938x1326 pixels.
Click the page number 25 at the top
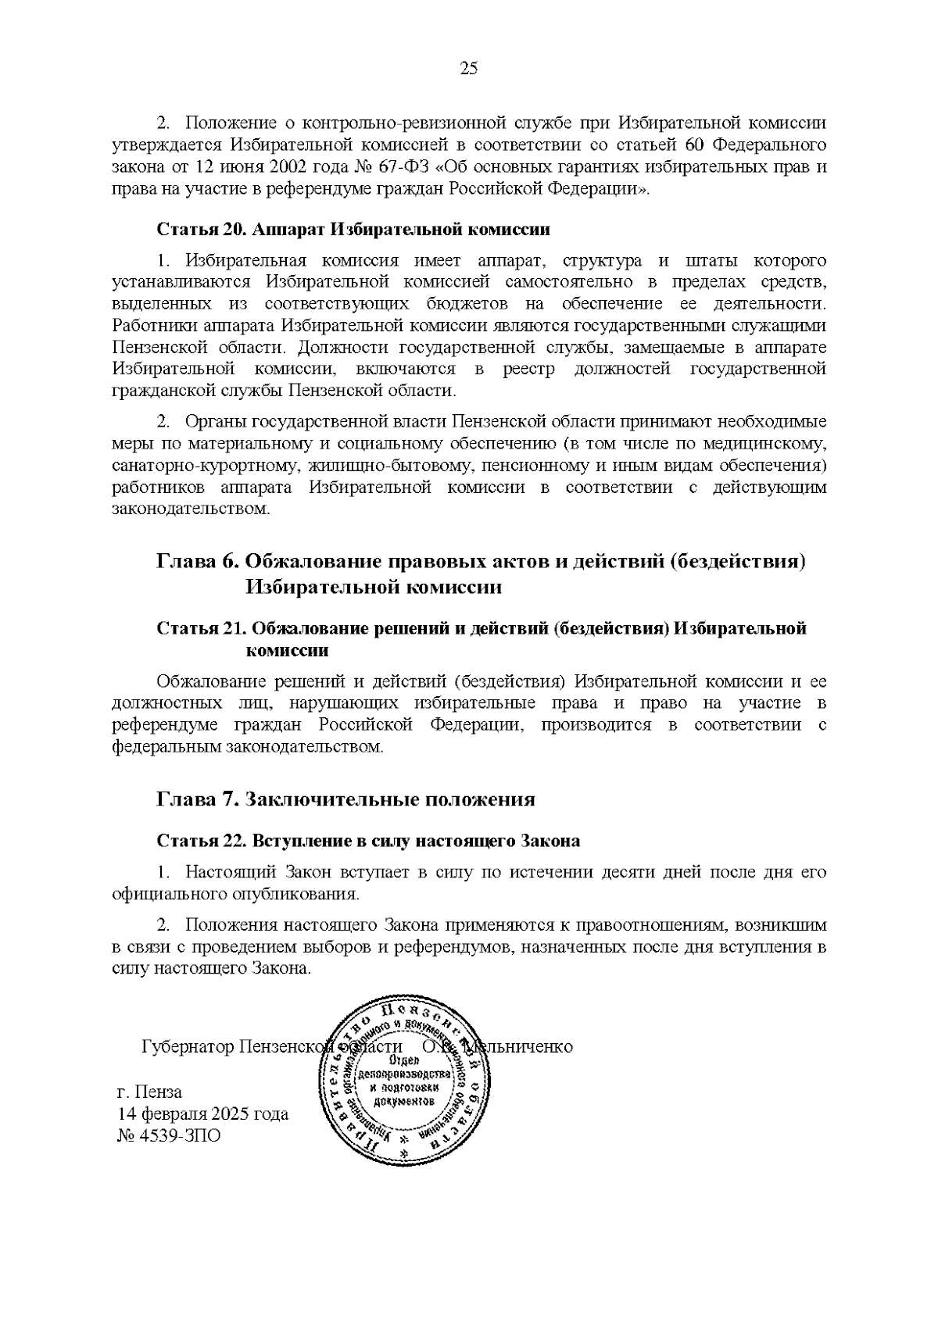[x=468, y=68]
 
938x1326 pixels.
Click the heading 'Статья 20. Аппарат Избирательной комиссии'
[x=353, y=230]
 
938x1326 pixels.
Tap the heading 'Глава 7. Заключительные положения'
[x=346, y=799]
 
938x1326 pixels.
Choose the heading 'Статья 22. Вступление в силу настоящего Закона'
[x=368, y=842]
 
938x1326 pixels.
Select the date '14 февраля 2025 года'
[x=202, y=1113]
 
